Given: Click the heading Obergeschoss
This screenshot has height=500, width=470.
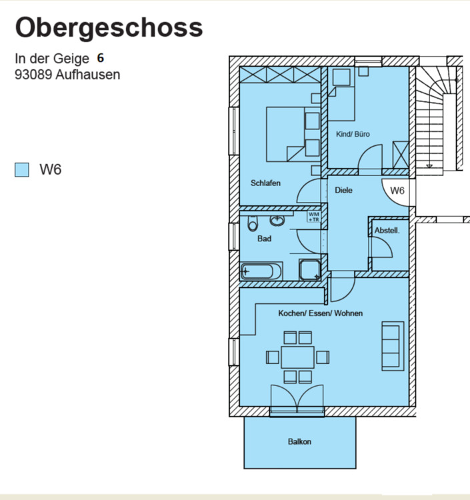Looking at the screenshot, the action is [109, 28].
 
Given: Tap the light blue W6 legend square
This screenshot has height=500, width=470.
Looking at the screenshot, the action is [22, 170].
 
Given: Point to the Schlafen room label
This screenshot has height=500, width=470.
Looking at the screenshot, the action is [265, 183].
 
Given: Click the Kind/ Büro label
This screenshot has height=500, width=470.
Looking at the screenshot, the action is [353, 134].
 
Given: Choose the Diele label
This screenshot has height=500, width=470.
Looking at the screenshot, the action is [343, 190].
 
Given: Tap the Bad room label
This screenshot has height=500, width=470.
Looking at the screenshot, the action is [264, 238].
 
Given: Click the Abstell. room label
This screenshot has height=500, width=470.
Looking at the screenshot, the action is [387, 231].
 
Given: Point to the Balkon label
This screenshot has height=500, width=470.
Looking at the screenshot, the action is [299, 441].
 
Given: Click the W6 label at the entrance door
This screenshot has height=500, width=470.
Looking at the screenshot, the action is [397, 191].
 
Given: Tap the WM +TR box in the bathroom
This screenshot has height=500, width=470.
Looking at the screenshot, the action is [314, 216].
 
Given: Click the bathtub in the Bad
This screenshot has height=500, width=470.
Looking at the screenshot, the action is [261, 271].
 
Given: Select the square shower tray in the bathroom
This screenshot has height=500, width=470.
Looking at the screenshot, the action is [309, 269].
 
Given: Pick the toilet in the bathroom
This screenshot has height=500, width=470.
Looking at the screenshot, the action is [251, 223].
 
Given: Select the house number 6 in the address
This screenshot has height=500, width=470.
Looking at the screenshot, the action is [101, 58].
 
